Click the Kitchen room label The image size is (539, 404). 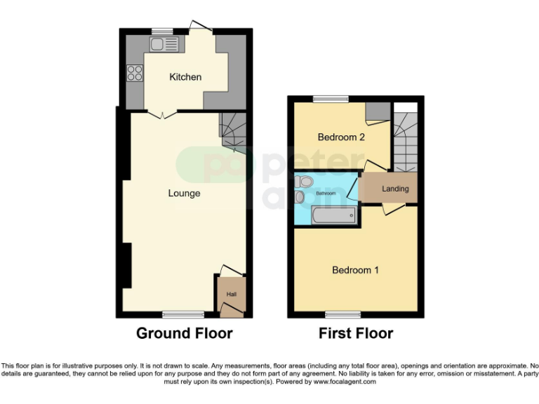[185, 76]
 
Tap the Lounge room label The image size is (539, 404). [185, 193]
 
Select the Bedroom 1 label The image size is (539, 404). [355, 270]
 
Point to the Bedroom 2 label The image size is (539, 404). [341, 137]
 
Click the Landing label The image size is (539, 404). [395, 189]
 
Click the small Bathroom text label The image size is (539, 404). [325, 192]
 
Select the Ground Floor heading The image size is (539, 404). [184, 333]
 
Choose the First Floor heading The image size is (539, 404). [356, 333]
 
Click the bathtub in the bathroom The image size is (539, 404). [333, 217]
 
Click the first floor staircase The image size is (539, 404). [404, 144]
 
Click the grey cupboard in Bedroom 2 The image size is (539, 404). [378, 111]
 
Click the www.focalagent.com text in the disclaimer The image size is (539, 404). [345, 382]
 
